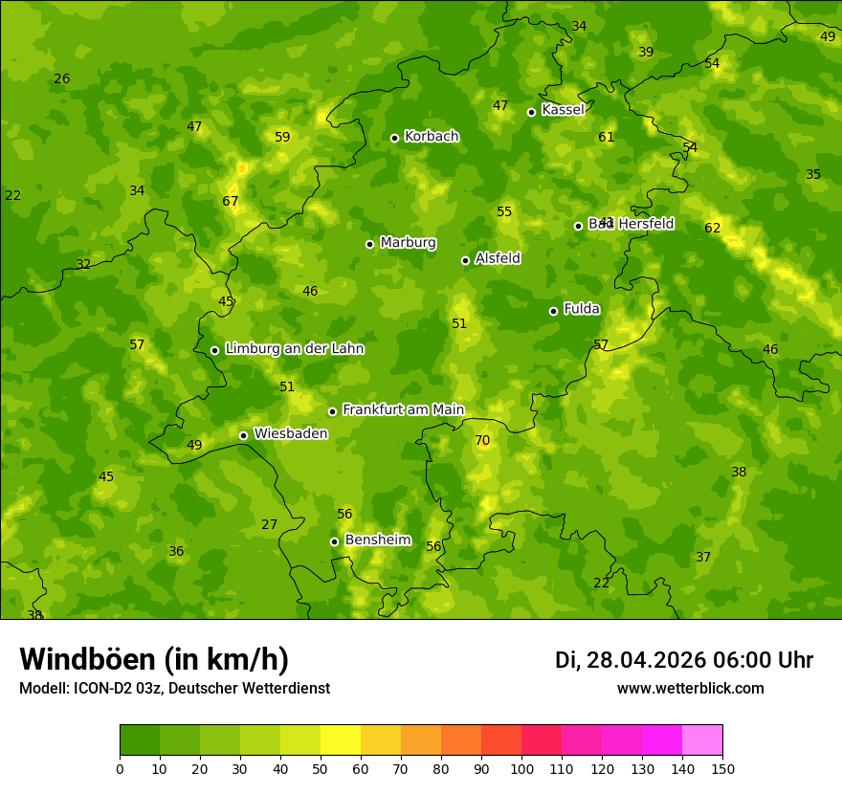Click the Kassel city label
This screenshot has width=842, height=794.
click(x=563, y=110)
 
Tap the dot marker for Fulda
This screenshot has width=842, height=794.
click(x=553, y=311)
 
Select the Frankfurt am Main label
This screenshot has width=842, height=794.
click(x=403, y=409)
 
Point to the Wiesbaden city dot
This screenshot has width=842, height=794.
click(x=243, y=435)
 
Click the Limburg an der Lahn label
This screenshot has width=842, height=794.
click(x=294, y=348)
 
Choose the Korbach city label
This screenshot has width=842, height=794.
click(x=432, y=136)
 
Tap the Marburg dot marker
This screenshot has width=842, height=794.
click(x=369, y=244)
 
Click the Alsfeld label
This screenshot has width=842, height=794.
click(x=498, y=258)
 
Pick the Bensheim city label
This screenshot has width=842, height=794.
click(x=377, y=540)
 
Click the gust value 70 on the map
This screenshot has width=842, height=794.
click(x=482, y=440)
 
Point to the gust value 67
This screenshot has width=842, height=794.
click(x=231, y=201)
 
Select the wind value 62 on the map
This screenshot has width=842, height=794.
click(x=713, y=228)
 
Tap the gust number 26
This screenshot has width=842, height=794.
click(x=62, y=78)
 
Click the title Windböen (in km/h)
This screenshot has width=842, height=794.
click(x=154, y=659)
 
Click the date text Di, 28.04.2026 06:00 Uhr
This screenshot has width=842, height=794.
click(x=684, y=660)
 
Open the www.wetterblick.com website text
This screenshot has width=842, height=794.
click(x=690, y=688)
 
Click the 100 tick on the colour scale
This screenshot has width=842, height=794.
click(x=521, y=767)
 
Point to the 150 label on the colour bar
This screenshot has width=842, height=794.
click(x=722, y=767)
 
